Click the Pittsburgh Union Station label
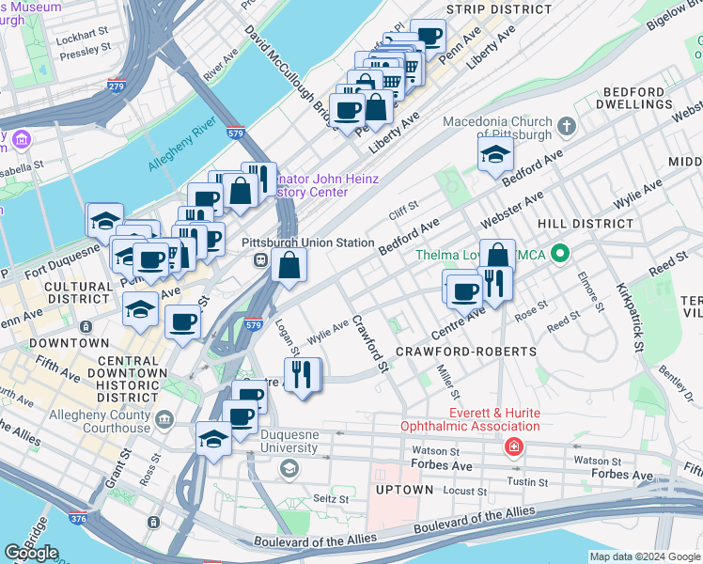307,243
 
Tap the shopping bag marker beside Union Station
289,265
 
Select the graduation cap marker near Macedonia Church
495,156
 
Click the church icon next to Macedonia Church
566,126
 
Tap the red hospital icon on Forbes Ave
513,446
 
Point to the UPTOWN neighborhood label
405,490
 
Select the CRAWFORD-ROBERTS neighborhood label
465,352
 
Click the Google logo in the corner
31,553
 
